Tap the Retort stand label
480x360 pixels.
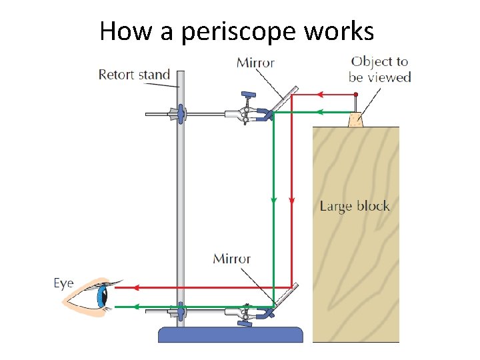point(134,74)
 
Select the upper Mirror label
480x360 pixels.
point(255,63)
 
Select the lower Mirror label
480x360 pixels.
point(231,258)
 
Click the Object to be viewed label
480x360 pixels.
point(379,69)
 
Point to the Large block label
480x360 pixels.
point(355,205)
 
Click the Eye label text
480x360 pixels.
point(63,283)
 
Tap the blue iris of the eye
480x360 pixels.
point(103,295)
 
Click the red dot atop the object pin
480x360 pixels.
point(355,95)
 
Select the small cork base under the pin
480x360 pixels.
point(356,120)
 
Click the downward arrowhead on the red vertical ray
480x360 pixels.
point(291,199)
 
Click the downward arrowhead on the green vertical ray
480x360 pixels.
point(273,199)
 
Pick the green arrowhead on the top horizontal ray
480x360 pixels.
point(319,112)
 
